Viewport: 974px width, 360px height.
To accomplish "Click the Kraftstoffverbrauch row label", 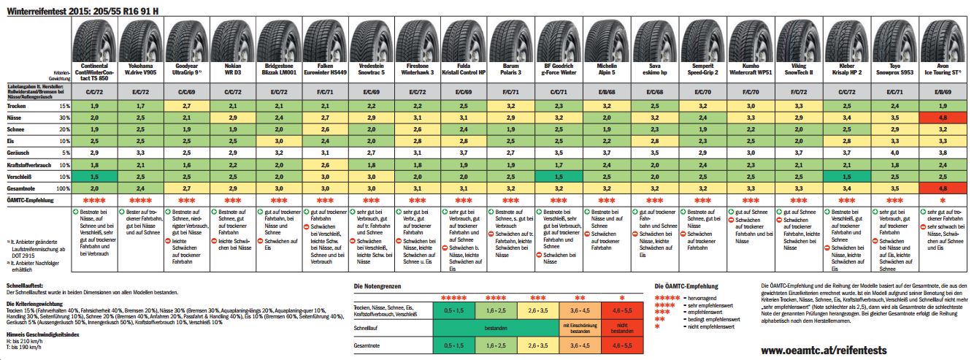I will coord(29,166).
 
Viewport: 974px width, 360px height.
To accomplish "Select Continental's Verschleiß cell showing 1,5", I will coord(93,177).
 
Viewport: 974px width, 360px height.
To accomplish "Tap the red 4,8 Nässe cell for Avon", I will coord(943,117).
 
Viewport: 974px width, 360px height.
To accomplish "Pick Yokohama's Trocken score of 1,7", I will coord(140,106).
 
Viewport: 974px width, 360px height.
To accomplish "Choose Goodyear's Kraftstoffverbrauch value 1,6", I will coord(187,166).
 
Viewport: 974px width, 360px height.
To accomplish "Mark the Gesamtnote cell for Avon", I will coord(943,188).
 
